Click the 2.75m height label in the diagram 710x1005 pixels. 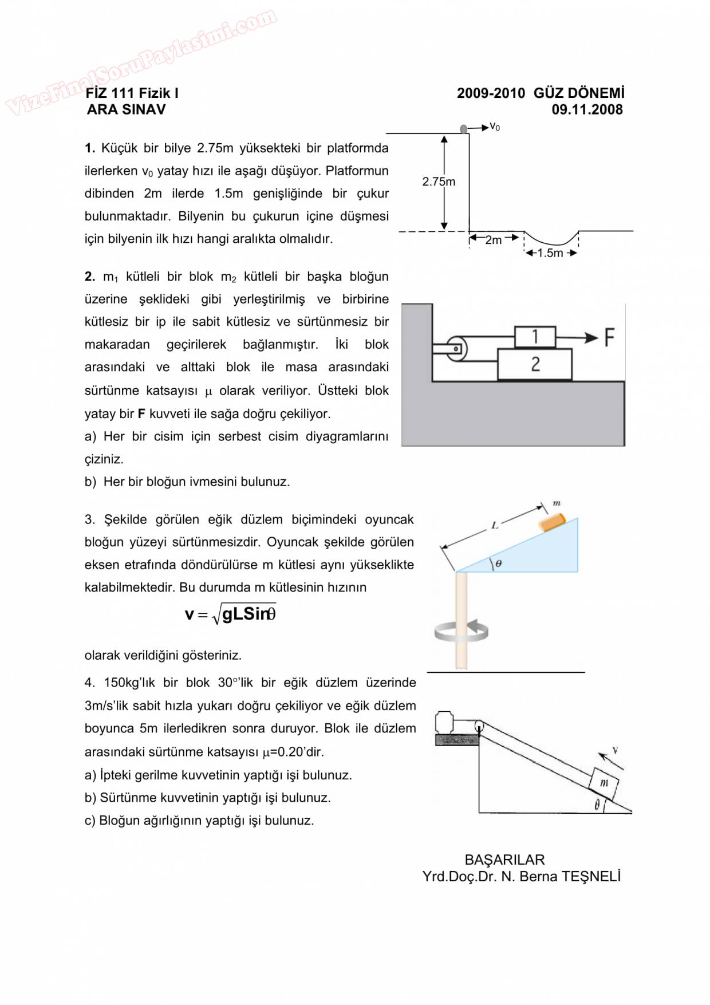point(439,182)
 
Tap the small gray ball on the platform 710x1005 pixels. point(464,129)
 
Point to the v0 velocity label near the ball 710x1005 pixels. point(495,127)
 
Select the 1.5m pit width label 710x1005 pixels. point(550,253)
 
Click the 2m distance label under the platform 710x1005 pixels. point(493,240)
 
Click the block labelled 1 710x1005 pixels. point(535,337)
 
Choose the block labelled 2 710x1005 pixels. point(535,364)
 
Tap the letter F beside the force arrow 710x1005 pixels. point(609,337)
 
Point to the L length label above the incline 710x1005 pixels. point(495,525)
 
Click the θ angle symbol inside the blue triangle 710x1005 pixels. point(499,563)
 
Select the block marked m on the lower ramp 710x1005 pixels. point(603,783)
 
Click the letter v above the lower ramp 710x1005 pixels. point(615,750)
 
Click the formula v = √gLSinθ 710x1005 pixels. point(230,614)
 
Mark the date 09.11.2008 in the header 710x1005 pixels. point(587,109)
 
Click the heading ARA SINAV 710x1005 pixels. point(126,109)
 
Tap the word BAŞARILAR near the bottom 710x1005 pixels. point(504,860)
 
